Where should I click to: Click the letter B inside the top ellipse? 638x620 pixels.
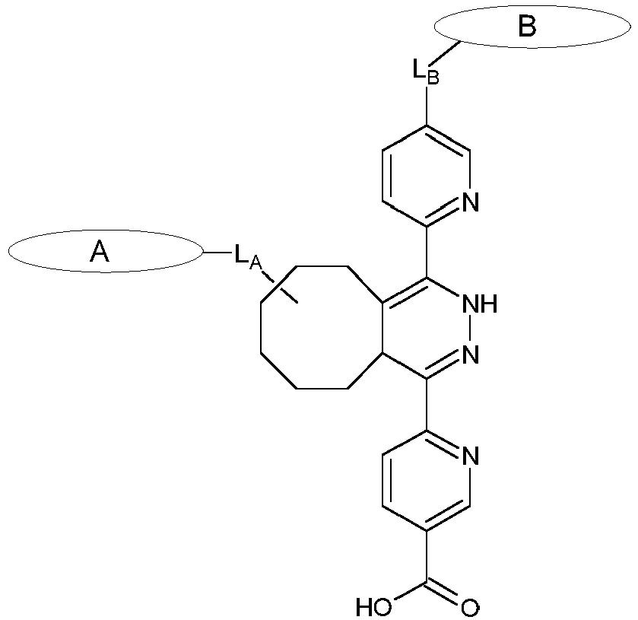click(x=527, y=27)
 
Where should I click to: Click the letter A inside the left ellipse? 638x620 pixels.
click(x=100, y=252)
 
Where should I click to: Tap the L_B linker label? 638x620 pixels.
click(x=425, y=72)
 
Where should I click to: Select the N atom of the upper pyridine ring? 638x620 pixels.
click(x=470, y=202)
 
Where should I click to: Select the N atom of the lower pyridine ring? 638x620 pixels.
click(x=470, y=456)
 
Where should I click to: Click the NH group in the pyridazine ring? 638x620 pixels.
click(x=479, y=304)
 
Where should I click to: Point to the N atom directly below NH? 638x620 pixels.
click(x=470, y=355)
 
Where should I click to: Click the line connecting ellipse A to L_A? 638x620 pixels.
click(x=216, y=252)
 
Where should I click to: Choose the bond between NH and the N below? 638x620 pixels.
click(x=470, y=329)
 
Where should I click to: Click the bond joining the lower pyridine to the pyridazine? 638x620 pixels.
click(x=426, y=405)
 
